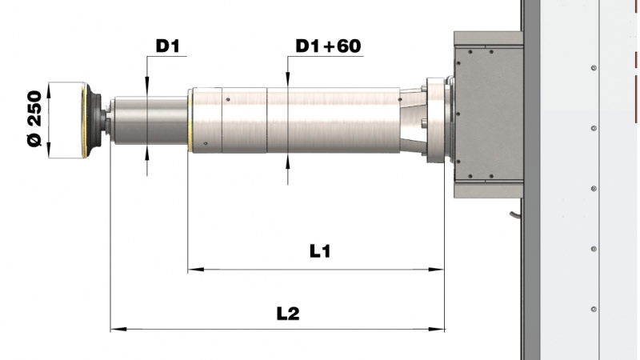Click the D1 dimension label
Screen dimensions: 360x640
tap(168, 46)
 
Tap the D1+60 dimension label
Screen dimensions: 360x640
tap(328, 46)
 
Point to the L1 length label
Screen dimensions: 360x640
tap(321, 251)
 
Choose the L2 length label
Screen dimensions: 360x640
tap(288, 314)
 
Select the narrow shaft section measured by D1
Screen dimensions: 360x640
tap(148, 120)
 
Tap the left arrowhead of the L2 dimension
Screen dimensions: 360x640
tap(114, 328)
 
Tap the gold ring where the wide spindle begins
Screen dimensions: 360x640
tap(189, 119)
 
